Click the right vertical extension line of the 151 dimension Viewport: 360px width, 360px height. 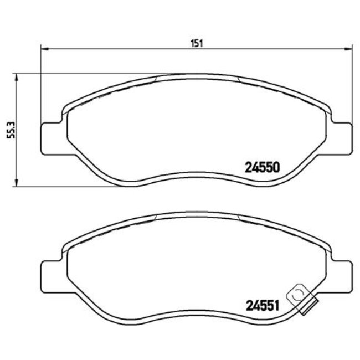tap(351, 83)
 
